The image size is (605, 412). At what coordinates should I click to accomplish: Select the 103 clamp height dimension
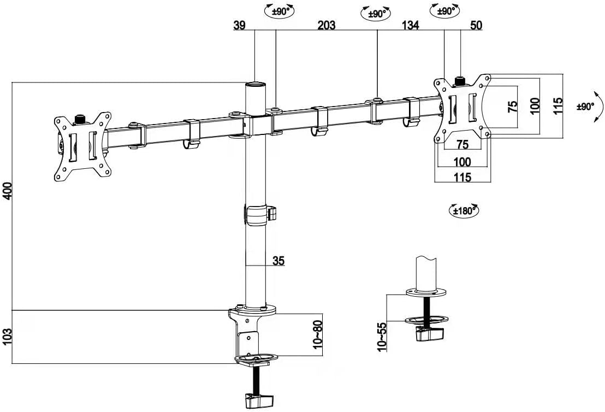click(x=8, y=337)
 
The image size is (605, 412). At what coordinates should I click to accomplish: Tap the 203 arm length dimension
click(x=327, y=26)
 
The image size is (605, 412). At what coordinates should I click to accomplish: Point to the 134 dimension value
click(x=411, y=26)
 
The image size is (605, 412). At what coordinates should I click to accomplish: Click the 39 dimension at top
click(x=239, y=26)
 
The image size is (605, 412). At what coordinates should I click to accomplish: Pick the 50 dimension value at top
click(x=476, y=26)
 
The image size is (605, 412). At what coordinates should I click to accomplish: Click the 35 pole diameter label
click(x=278, y=261)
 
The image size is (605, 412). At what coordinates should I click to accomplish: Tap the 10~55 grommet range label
click(x=382, y=337)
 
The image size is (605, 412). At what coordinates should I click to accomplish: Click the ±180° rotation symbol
click(x=464, y=210)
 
